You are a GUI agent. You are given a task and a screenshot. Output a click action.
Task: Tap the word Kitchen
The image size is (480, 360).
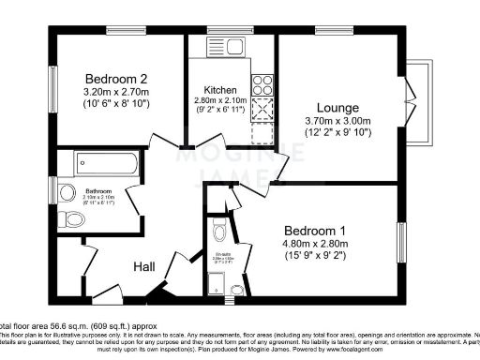coord(220,90)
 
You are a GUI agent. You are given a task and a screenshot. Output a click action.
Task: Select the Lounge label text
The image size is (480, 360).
coord(337,108)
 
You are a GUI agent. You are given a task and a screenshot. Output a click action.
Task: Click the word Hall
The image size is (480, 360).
coord(142,266)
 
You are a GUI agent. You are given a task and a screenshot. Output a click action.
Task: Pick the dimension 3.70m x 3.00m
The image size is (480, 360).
coord(337,121)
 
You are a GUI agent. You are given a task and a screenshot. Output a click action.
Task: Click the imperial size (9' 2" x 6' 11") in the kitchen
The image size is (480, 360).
coord(220,112)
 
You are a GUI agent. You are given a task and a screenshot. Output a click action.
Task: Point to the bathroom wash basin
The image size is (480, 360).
coord(67,193)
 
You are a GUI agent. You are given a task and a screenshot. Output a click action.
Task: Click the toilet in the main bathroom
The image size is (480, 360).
coord(71,221)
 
